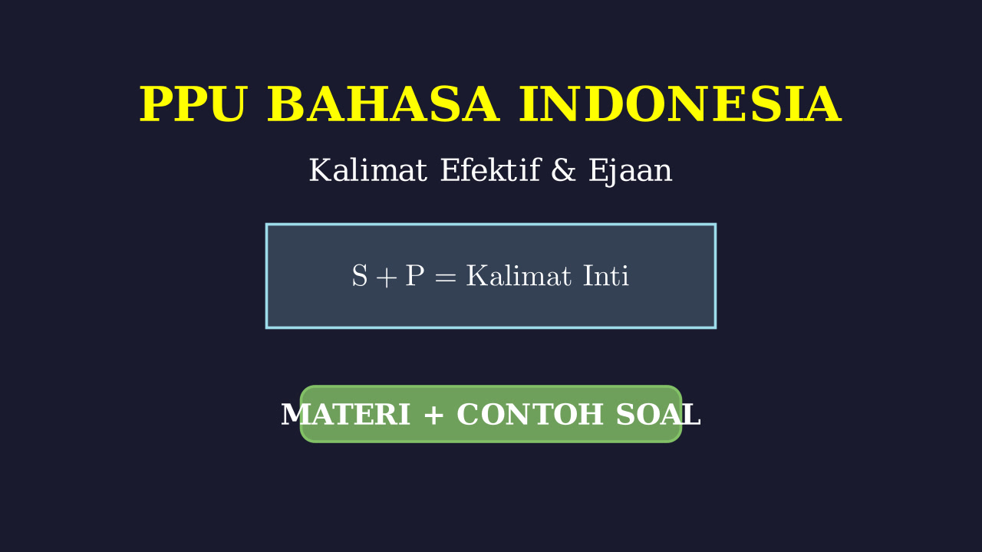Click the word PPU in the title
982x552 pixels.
192,104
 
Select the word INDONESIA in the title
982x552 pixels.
680,104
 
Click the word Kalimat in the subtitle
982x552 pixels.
367,170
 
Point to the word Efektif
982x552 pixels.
490,170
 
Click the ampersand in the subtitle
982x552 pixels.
563,170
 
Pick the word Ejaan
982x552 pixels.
630,172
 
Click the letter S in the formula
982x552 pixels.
360,276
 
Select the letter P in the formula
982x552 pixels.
414,276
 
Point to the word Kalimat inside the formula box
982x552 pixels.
519,276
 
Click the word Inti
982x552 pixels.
606,276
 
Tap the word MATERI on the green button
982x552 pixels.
345,415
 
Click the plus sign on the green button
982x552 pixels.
433,416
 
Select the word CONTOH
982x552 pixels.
530,415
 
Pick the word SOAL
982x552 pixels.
658,415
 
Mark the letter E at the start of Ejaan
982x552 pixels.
598,170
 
